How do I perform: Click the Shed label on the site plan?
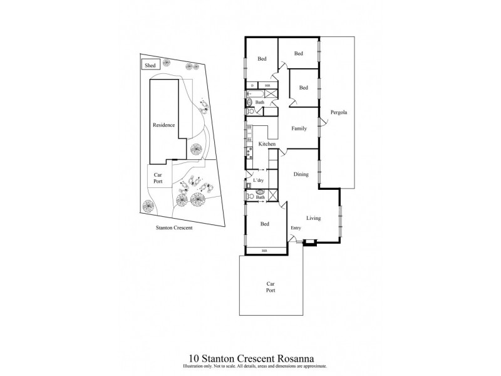[x=150, y=65]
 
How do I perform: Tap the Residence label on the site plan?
[x=163, y=125]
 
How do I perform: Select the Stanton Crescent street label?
[x=174, y=228]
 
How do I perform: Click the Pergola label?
[x=339, y=113]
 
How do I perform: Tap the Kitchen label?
[x=267, y=145]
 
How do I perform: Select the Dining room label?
[x=301, y=175]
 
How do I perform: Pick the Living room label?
[x=313, y=218]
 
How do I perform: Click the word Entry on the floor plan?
[x=296, y=227]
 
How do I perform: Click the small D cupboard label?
[x=252, y=85]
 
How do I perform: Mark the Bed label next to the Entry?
[x=265, y=224]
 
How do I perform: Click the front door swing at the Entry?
[x=293, y=238]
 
